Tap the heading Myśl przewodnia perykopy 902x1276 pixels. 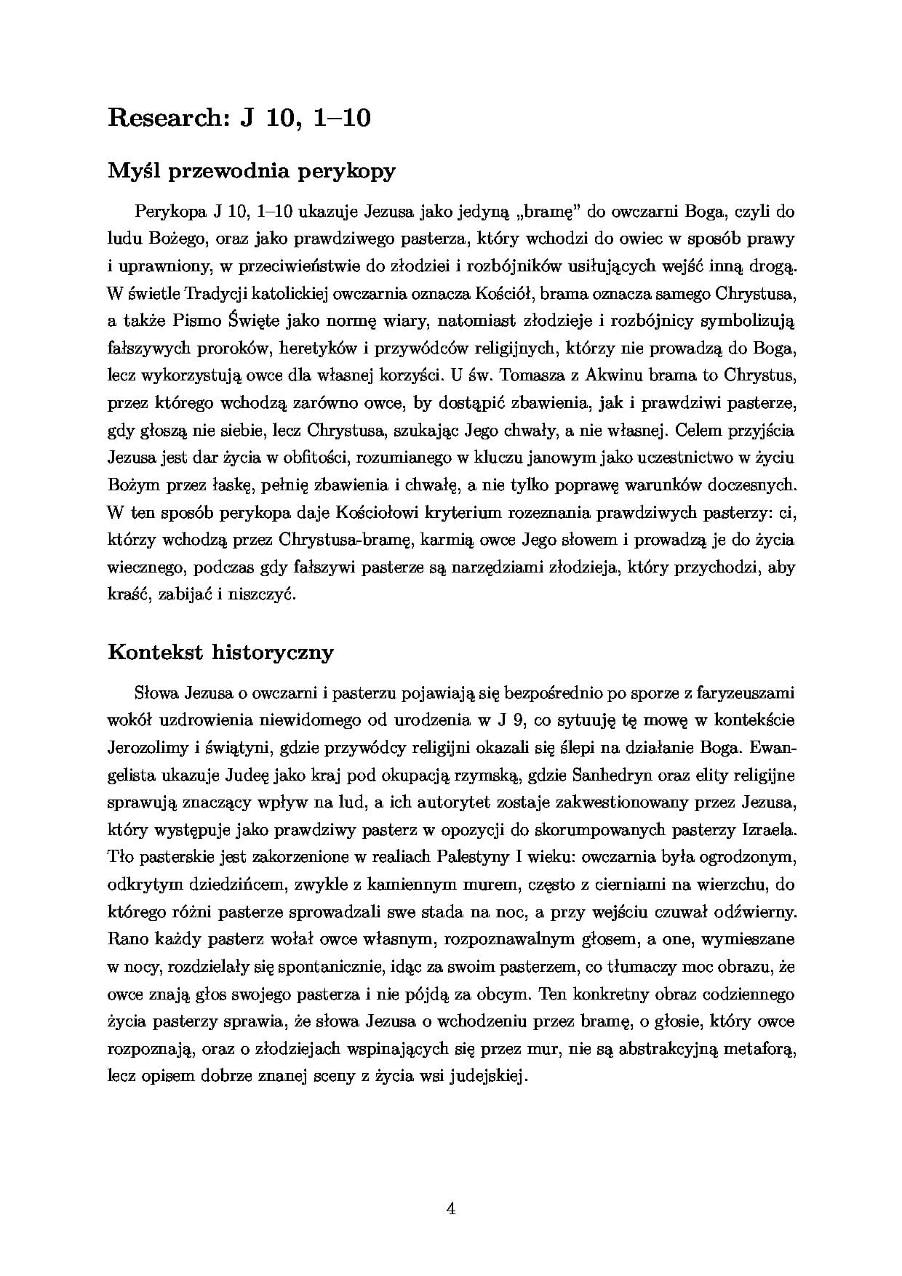click(x=252, y=172)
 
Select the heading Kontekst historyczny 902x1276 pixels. click(x=220, y=652)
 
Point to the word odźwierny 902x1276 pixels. click(x=756, y=912)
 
